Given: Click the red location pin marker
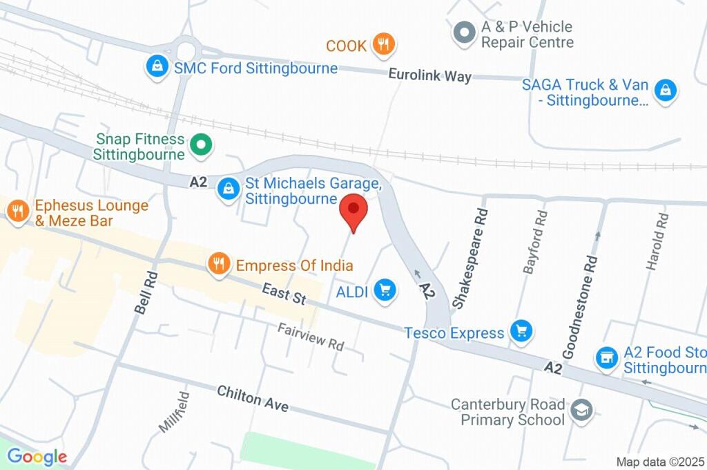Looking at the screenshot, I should point(354,210).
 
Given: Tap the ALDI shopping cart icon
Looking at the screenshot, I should point(385,290).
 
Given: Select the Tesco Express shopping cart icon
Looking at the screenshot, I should point(521,332).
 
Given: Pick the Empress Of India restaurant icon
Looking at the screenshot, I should point(219,264).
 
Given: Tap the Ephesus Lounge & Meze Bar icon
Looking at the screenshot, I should point(17,212).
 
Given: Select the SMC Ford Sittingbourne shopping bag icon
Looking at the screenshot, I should point(158,67).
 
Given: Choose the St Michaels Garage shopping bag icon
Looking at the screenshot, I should point(228,188).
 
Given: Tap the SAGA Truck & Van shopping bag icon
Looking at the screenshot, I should point(666,90).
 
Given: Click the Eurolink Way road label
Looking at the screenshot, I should point(429,75).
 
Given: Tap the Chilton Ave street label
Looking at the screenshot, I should point(252,399).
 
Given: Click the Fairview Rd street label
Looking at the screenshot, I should point(311,335).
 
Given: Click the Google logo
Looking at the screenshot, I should point(37,456).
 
